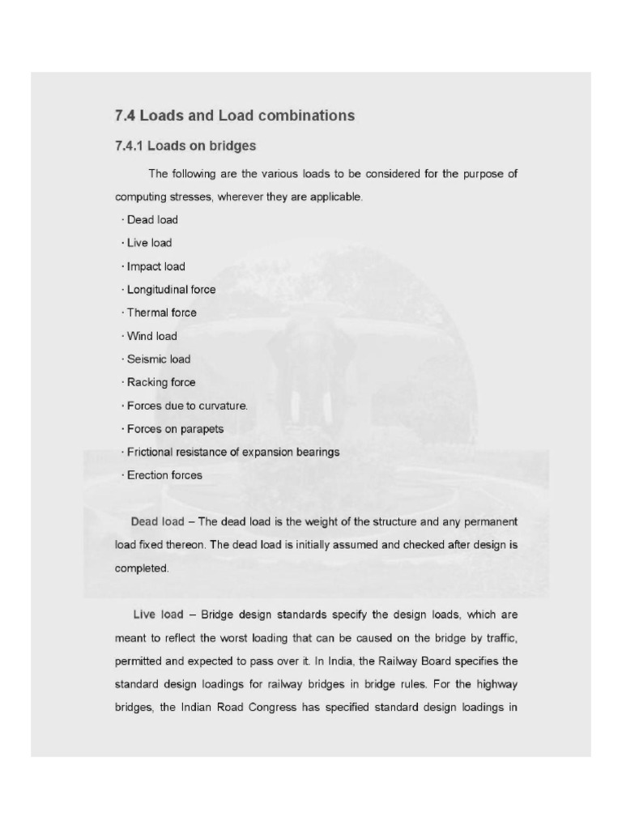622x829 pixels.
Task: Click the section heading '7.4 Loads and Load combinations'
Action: coord(235,116)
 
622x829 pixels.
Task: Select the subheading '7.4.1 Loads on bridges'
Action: coord(185,147)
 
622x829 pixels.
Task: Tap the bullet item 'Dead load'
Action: coord(152,219)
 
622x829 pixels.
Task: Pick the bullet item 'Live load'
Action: coord(149,243)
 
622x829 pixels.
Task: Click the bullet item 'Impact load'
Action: coord(155,266)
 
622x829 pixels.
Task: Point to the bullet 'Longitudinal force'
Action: coord(171,289)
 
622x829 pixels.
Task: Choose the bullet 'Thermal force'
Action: coord(161,312)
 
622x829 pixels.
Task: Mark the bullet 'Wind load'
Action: coord(151,336)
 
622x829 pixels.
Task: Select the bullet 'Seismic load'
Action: coord(158,359)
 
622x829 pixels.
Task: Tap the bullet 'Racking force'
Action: coord(161,382)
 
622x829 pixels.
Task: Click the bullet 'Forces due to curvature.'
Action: coord(187,406)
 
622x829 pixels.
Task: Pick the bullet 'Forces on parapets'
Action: coord(175,429)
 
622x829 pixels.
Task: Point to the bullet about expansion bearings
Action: coord(233,452)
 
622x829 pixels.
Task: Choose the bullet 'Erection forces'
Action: coord(164,475)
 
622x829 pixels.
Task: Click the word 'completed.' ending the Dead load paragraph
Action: coord(142,568)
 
